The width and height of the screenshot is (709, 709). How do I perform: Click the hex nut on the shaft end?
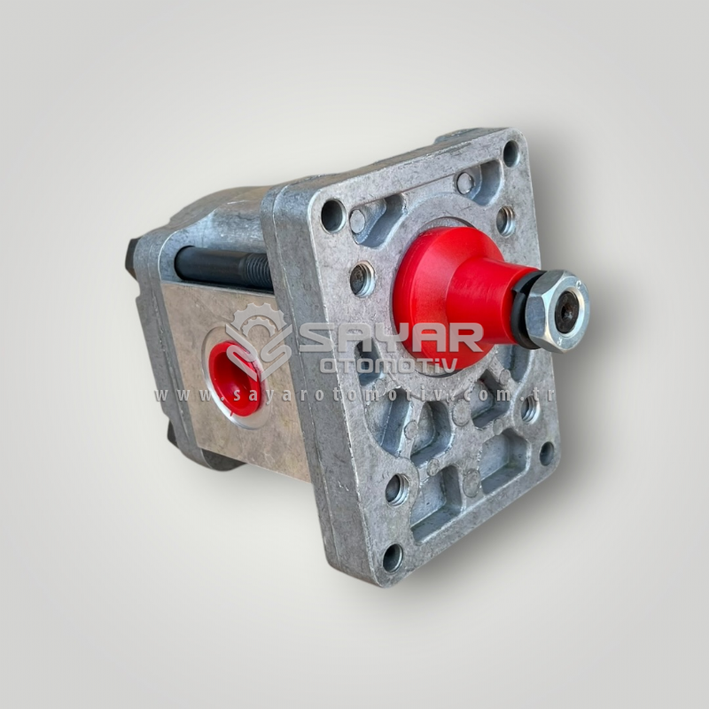pos(557,311)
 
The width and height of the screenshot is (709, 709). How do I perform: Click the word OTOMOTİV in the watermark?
pos(389,365)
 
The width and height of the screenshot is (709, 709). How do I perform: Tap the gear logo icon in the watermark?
pos(259,339)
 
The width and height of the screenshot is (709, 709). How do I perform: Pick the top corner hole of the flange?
pos(511,153)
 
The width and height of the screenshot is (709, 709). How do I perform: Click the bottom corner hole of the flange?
pos(393,557)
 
